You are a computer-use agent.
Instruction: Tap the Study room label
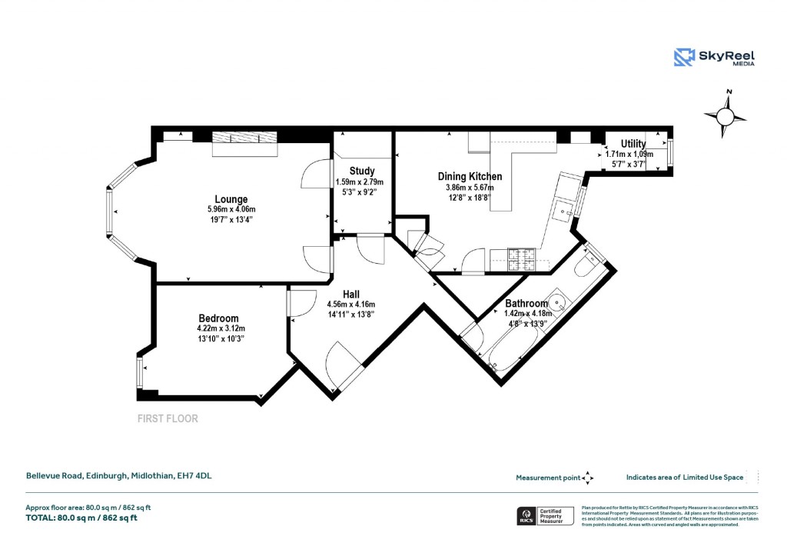tap(361, 171)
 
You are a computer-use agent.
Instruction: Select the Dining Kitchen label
tap(470, 177)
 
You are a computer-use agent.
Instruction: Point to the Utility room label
tap(633, 144)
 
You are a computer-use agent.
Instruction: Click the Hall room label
tap(350, 293)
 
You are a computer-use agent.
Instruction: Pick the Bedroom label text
tap(218, 318)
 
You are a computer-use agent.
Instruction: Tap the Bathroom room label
tap(526, 304)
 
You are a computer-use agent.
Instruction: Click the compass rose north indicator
tap(725, 115)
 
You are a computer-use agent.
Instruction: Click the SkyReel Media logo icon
tap(684, 58)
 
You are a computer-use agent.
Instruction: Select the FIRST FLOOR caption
tap(167, 419)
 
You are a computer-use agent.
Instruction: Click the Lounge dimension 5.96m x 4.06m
tap(231, 209)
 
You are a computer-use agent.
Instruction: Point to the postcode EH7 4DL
tap(193, 476)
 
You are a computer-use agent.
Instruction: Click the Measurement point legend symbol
tap(588, 478)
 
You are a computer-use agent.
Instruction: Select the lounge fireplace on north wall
tap(244, 143)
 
